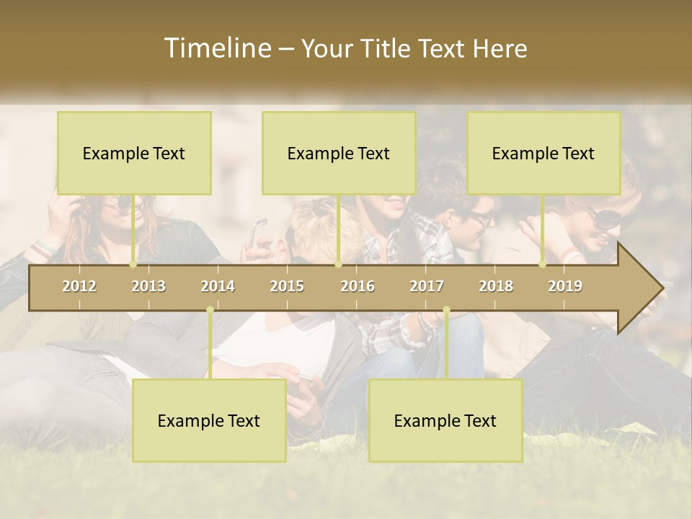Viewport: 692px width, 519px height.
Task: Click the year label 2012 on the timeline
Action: click(79, 287)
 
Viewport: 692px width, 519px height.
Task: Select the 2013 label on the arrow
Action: click(148, 287)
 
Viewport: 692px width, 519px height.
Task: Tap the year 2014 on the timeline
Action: click(218, 287)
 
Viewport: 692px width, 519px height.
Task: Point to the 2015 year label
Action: click(287, 287)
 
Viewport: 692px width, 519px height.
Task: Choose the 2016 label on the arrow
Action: click(358, 287)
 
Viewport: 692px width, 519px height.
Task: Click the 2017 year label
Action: click(427, 287)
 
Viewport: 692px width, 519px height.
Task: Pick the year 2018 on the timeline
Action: click(496, 287)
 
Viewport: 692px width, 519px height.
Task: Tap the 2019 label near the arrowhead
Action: click(565, 287)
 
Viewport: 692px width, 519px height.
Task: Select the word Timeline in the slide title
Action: click(217, 48)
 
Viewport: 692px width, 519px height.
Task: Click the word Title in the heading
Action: click(387, 49)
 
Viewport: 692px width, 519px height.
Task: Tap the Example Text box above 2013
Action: click(134, 154)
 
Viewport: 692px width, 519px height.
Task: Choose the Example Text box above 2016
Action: click(339, 154)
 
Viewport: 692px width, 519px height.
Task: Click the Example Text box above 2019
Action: click(544, 154)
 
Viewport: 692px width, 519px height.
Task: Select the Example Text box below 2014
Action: click(209, 421)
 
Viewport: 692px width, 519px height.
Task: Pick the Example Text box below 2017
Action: click(445, 421)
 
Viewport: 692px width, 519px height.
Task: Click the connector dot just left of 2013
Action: click(133, 265)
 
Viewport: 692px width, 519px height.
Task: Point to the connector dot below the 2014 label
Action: click(210, 310)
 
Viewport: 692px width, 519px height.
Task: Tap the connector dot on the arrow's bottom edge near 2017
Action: click(446, 310)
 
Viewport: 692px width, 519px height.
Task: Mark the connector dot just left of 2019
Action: click(543, 265)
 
